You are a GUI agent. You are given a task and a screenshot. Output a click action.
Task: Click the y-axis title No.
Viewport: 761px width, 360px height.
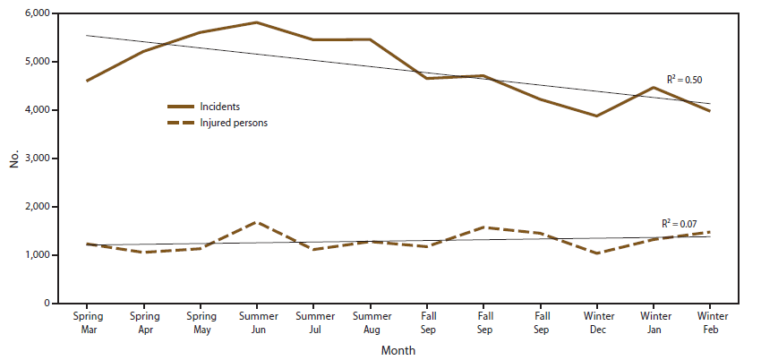14,159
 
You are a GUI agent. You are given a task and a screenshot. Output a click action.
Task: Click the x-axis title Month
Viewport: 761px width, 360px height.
398,351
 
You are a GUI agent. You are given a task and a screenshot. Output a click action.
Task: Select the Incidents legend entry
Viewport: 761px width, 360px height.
219,107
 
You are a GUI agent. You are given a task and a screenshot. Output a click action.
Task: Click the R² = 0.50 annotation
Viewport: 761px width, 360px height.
685,80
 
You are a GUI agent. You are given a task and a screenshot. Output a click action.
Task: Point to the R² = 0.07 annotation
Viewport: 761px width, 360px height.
678,223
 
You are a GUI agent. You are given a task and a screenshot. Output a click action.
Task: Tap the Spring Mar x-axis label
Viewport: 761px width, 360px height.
87,322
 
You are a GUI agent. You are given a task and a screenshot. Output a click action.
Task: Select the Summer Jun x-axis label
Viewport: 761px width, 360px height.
257,322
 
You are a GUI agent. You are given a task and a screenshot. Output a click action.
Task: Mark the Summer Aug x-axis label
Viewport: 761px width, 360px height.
370,322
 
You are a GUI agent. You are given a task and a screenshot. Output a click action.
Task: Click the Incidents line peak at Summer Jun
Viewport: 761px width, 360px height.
257,22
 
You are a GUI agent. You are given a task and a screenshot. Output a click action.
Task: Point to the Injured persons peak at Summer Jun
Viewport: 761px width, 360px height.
257,222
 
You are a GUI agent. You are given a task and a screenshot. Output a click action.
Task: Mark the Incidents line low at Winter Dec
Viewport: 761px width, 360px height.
596,116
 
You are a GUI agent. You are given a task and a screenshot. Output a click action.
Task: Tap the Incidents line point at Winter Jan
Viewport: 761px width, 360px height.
654,88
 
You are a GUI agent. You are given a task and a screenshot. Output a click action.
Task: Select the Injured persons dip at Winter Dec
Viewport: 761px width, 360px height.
596,253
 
